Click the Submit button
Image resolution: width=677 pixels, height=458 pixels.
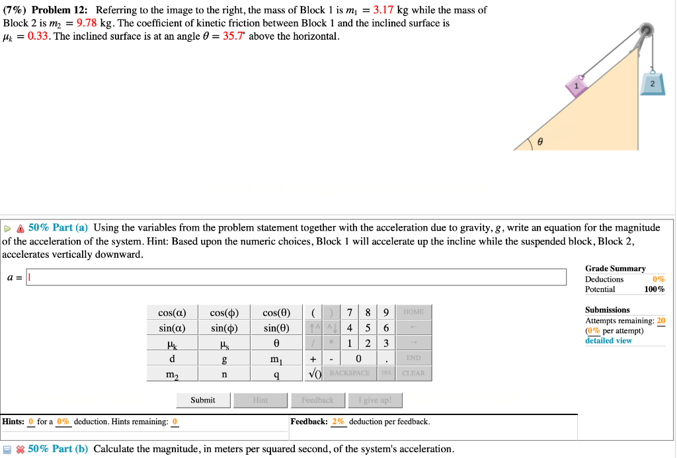coord(203,400)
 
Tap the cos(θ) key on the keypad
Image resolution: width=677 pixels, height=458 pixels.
coord(276,313)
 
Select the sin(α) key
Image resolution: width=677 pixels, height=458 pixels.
coord(172,328)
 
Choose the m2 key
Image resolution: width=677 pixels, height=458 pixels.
coord(172,374)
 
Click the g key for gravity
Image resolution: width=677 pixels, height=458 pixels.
coord(224,359)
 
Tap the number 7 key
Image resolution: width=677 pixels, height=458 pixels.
coord(349,313)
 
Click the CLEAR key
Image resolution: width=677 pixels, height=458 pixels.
coord(413,374)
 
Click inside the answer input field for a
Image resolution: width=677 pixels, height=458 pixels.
coord(296,277)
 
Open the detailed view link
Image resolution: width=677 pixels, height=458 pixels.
coord(608,341)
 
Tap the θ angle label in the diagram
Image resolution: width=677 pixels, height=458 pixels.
coord(540,141)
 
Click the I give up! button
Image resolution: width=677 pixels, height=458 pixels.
coord(375,400)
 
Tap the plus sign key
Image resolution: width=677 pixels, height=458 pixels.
coord(312,359)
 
